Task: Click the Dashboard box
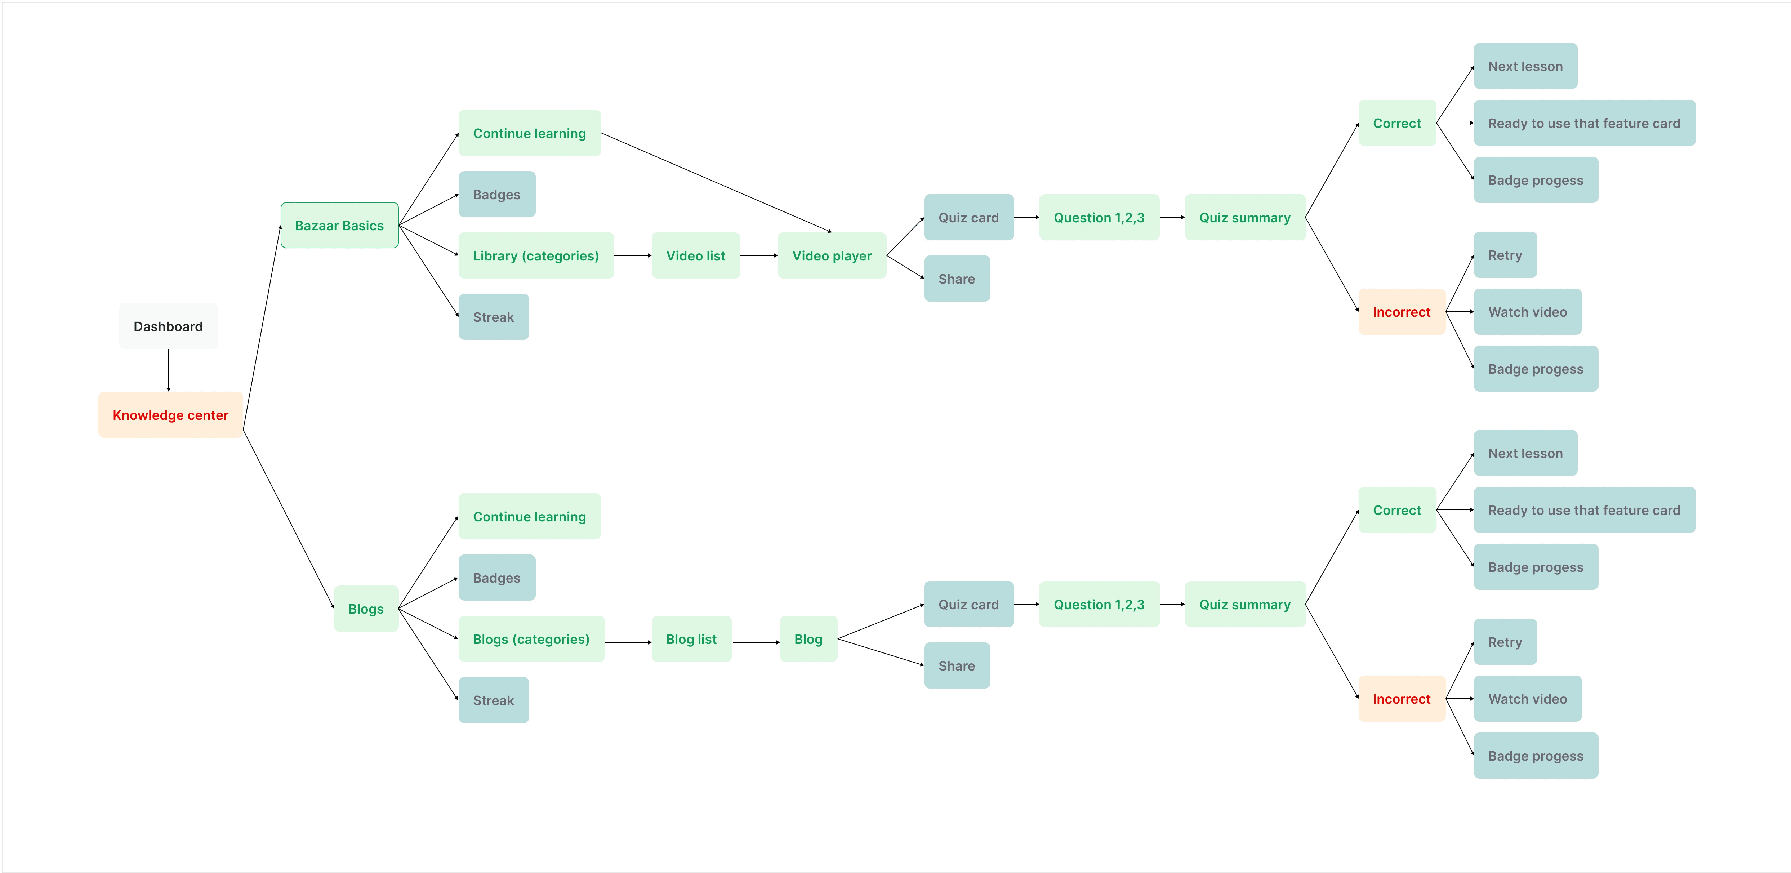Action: tap(168, 326)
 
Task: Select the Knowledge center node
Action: tap(170, 415)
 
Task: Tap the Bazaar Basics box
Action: tap(339, 225)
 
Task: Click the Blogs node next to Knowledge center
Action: tap(366, 609)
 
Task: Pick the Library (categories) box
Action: tap(535, 256)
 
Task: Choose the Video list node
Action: tap(695, 256)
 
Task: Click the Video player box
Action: tap(832, 256)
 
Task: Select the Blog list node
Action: tap(691, 639)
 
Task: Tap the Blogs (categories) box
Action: tap(531, 639)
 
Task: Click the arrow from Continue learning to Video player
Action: tap(716, 182)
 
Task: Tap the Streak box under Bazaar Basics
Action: tap(494, 317)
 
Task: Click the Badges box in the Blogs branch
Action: tap(496, 578)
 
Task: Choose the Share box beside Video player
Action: tap(957, 279)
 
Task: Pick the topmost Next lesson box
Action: tap(1525, 66)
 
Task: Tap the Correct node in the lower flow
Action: tap(1397, 510)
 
